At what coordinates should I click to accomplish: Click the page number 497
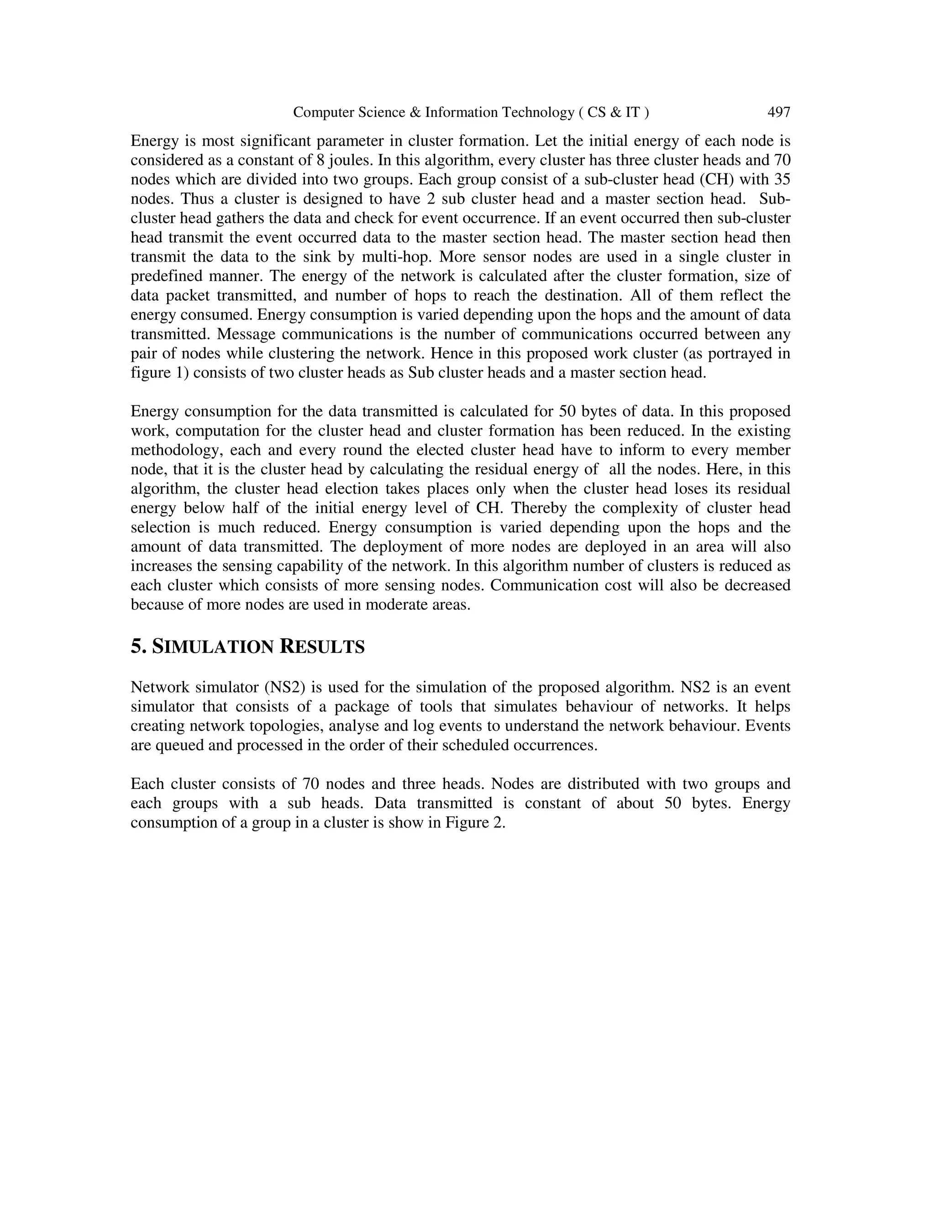pyautogui.click(x=778, y=112)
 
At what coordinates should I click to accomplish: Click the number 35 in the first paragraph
pyautogui.click(x=781, y=179)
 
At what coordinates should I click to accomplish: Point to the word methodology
pyautogui.click(x=172, y=450)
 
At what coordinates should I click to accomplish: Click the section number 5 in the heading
pyautogui.click(x=136, y=647)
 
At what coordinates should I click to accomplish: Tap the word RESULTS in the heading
pyautogui.click(x=322, y=647)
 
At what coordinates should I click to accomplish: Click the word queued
pyautogui.click(x=186, y=745)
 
